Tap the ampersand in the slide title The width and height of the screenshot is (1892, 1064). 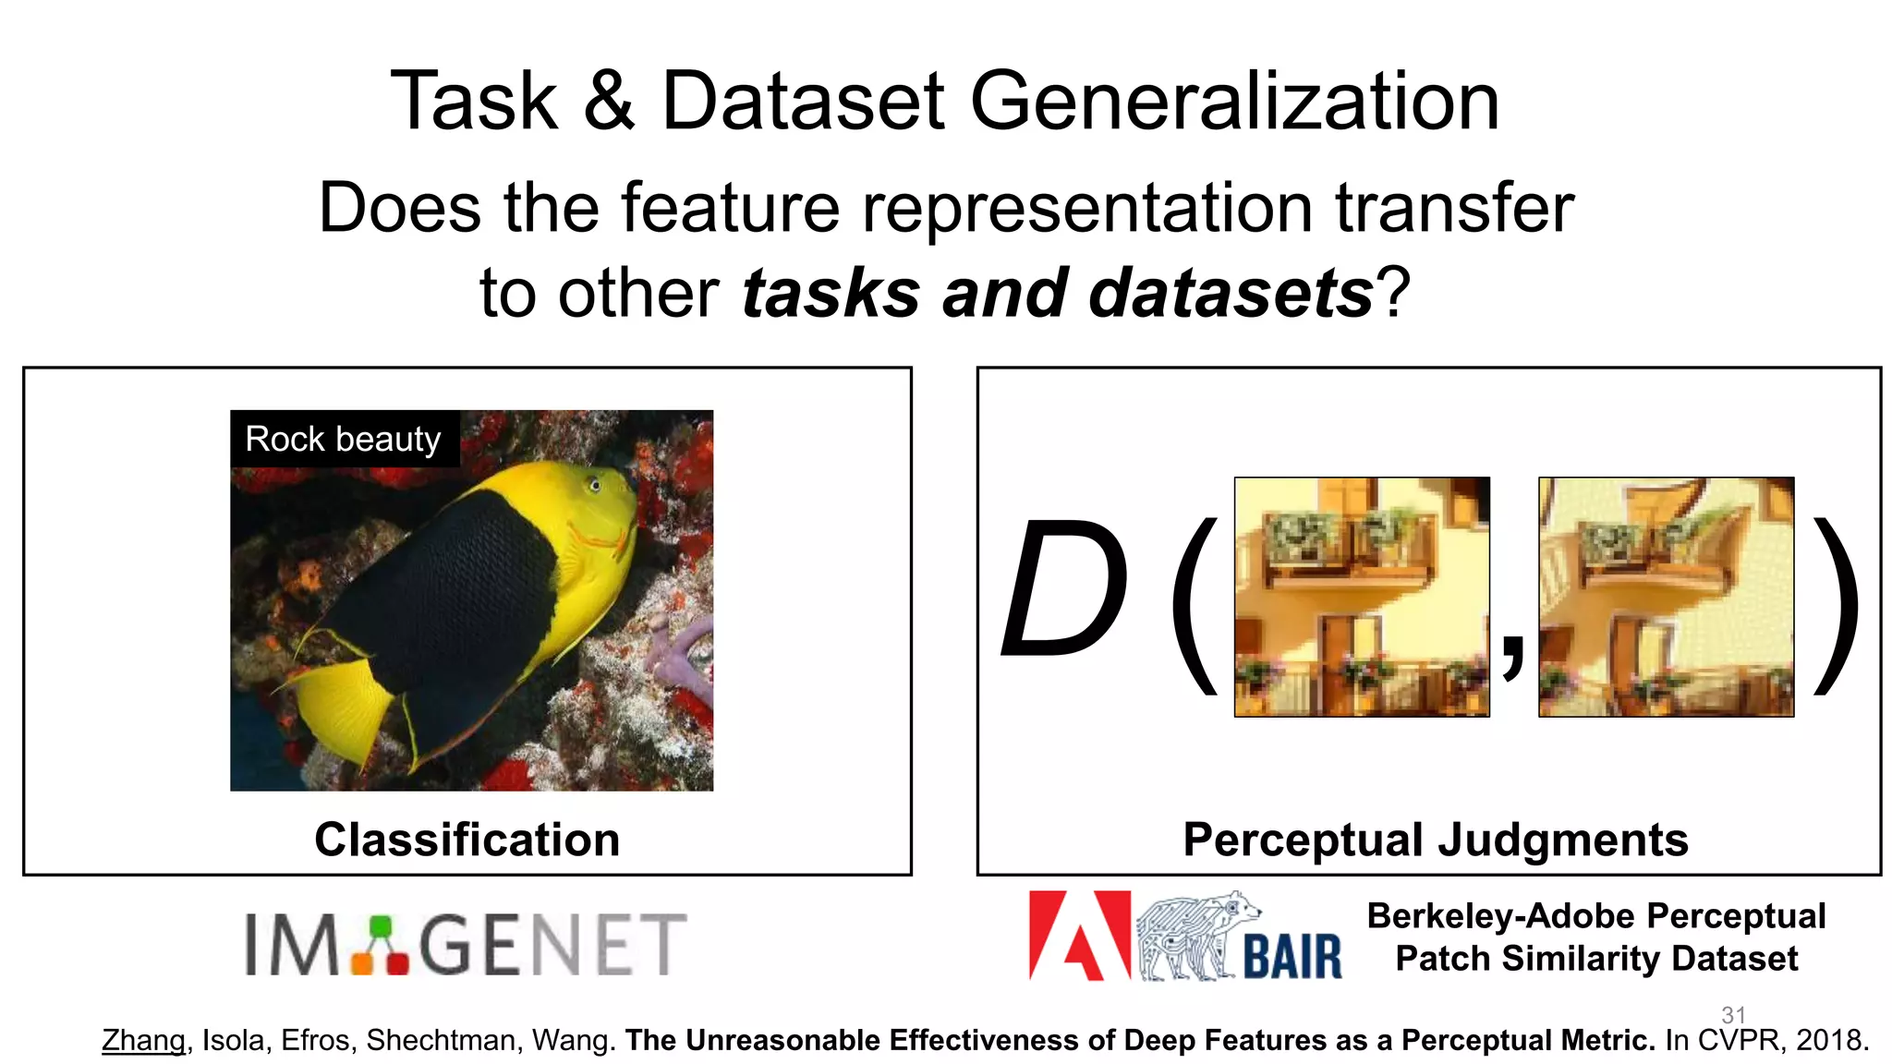coord(609,102)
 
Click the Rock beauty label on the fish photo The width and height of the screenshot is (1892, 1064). coord(344,439)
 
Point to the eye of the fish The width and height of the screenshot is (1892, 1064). coord(596,485)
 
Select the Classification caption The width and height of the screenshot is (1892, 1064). coord(467,840)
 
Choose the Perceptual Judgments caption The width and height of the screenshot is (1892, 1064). coord(1435,840)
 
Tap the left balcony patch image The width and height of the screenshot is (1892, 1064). coord(1362,597)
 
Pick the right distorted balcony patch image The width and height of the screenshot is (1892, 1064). coord(1666,597)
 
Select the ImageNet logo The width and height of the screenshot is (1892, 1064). coord(466,944)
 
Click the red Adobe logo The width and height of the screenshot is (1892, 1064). coord(1078,935)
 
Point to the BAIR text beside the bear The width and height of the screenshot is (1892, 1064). coord(1292,956)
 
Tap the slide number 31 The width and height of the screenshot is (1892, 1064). coord(1733,1014)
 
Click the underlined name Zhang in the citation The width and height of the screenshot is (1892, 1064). coord(143,1040)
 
